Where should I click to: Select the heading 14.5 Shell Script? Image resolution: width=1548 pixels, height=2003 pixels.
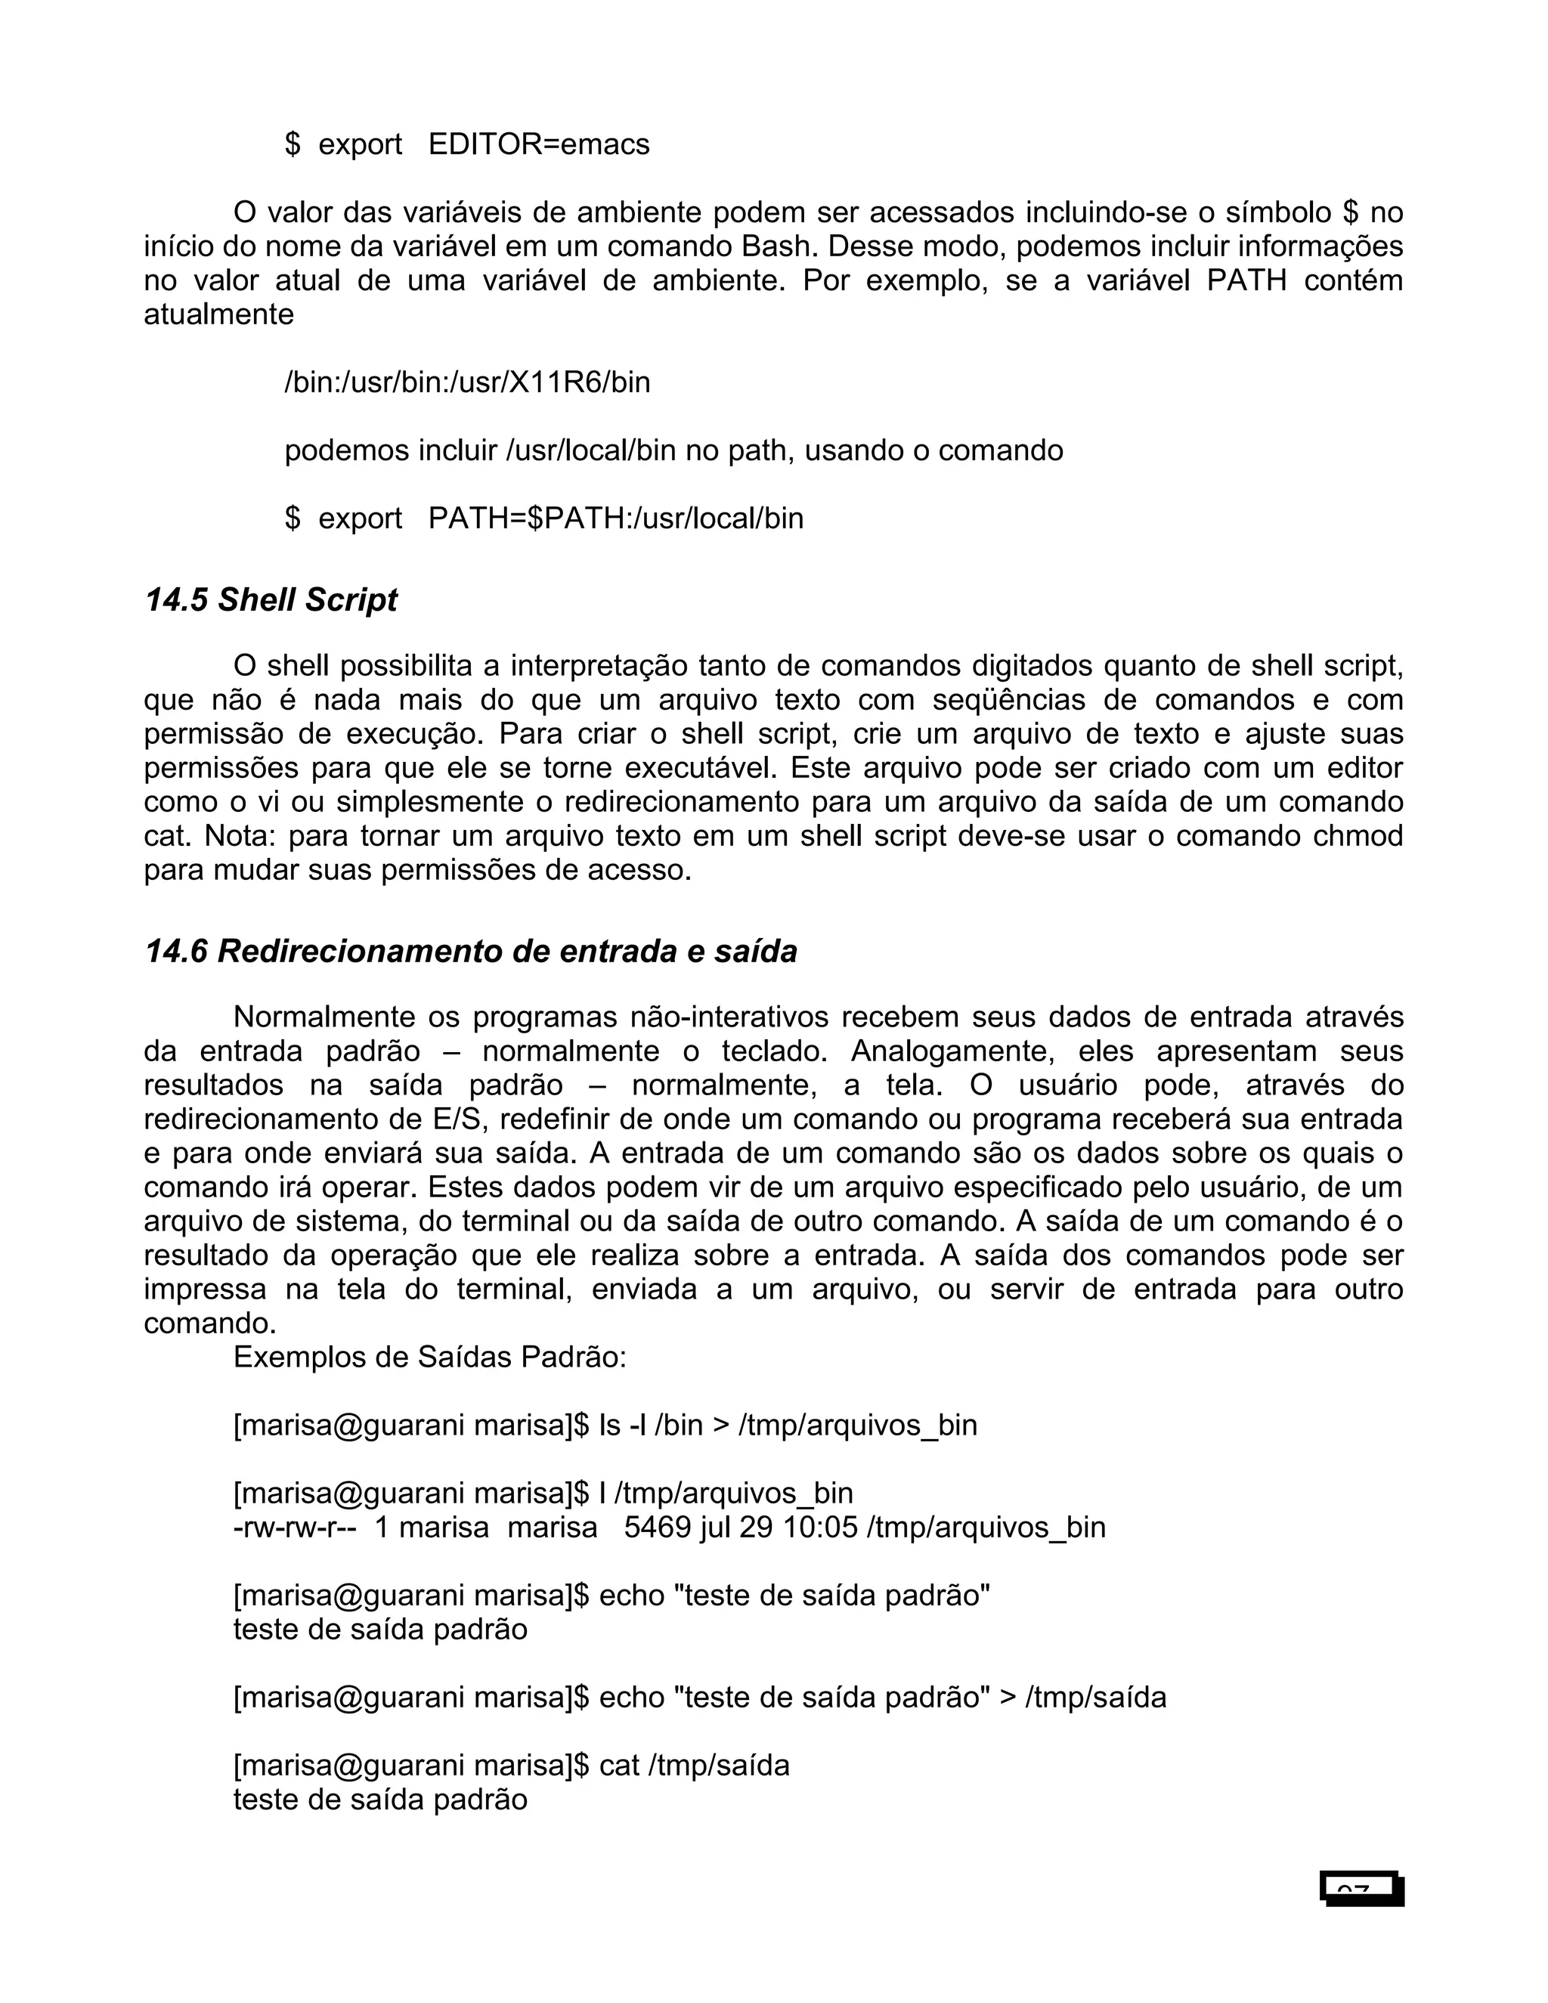click(x=271, y=600)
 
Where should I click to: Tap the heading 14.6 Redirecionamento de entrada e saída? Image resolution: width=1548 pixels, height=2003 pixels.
click(x=470, y=952)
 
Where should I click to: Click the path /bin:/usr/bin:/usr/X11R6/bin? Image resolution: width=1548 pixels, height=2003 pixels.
click(x=467, y=382)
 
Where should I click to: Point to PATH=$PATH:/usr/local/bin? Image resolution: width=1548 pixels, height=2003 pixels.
click(x=615, y=519)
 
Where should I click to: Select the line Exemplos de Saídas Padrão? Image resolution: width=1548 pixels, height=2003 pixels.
click(x=430, y=1358)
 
